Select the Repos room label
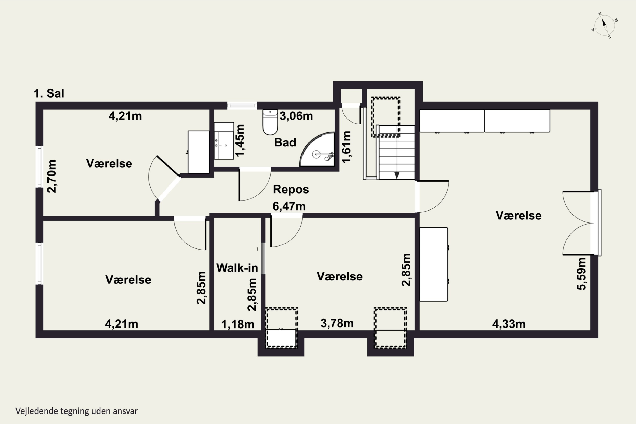point(291,189)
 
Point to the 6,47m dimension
point(289,206)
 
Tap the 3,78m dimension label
point(337,323)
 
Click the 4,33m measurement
point(509,324)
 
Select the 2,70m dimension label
point(52,176)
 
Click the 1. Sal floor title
point(49,93)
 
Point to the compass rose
point(605,26)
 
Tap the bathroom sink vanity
point(224,141)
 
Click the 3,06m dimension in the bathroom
point(296,116)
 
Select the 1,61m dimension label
point(346,147)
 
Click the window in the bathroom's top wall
point(242,105)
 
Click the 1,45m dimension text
point(240,141)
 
